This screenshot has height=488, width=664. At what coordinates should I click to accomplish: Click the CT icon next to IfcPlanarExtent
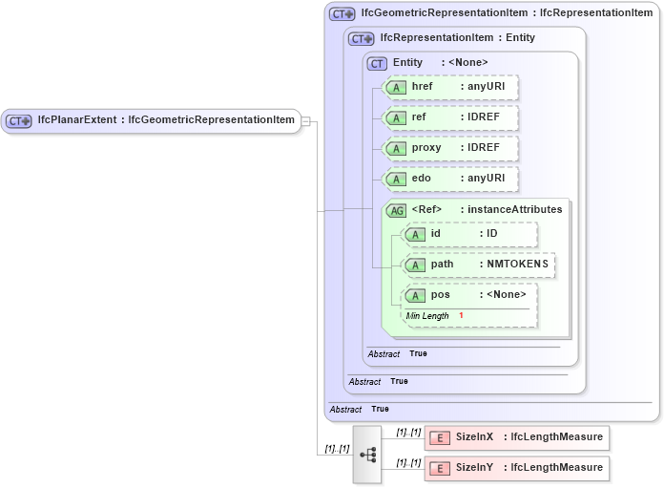coord(19,120)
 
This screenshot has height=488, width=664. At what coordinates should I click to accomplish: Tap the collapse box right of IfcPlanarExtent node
coord(307,120)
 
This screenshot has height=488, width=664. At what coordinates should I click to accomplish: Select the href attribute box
coord(449,87)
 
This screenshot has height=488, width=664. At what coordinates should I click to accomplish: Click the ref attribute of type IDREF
coord(449,117)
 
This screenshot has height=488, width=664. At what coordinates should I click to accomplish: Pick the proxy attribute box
coord(449,148)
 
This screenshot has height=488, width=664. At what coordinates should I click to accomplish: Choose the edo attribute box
coord(449,179)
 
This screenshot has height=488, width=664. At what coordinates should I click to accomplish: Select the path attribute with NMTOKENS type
coord(479,265)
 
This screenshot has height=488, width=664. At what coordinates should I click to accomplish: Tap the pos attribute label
coord(441,294)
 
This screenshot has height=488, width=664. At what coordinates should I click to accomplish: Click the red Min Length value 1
coord(461,316)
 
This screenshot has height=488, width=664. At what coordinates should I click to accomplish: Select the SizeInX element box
coord(516,437)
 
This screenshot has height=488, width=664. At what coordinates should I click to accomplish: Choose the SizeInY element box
coord(516,468)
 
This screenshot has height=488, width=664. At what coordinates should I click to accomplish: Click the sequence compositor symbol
coord(367,454)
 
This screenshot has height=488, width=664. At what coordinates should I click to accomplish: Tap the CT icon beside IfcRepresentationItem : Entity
coord(361,38)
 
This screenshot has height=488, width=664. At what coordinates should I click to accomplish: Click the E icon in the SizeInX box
coord(440,437)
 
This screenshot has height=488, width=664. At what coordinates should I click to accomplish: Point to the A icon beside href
coord(395,87)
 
